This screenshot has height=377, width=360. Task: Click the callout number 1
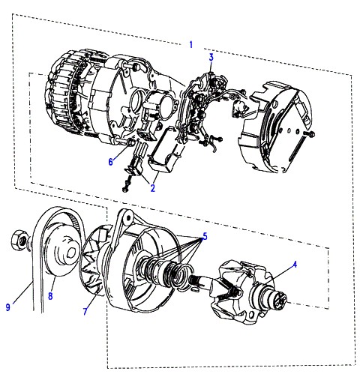pyautogui.click(x=191, y=45)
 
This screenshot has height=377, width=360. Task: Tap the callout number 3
pyautogui.click(x=211, y=57)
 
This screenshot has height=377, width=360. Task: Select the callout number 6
pyautogui.click(x=111, y=162)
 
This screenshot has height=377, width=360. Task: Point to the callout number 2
pyautogui.click(x=153, y=188)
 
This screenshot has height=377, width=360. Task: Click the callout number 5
pyautogui.click(x=205, y=236)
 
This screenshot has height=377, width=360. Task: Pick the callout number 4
pyautogui.click(x=295, y=265)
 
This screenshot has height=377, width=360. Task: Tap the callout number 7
pyautogui.click(x=85, y=311)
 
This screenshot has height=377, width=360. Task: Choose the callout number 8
pyautogui.click(x=50, y=296)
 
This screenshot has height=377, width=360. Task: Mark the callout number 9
pyautogui.click(x=8, y=307)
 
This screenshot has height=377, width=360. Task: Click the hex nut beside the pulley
pyautogui.click(x=19, y=241)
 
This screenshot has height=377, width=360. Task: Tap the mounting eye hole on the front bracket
pyautogui.click(x=128, y=217)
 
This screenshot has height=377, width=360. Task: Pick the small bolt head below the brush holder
pyautogui.click(x=124, y=190)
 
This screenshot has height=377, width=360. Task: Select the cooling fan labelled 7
pyautogui.click(x=94, y=260)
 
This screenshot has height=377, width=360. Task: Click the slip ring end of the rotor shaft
pyautogui.click(x=280, y=299)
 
